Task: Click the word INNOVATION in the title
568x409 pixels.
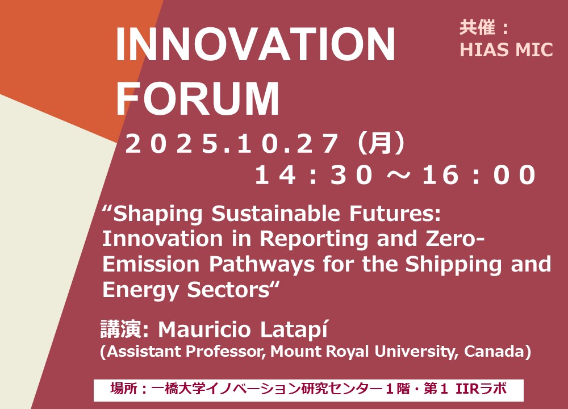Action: click(x=255, y=44)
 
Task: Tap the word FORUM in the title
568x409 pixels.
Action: click(x=198, y=98)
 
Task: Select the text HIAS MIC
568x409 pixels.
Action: click(x=506, y=49)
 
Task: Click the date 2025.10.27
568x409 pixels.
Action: click(x=231, y=144)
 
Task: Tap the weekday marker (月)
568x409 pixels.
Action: click(x=380, y=143)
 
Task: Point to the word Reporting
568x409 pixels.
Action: click(x=314, y=239)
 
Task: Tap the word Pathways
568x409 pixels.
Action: click(x=262, y=264)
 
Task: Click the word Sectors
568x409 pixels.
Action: click(x=232, y=290)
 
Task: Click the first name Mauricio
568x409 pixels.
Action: click(x=204, y=329)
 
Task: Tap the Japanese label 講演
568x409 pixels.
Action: click(x=121, y=329)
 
